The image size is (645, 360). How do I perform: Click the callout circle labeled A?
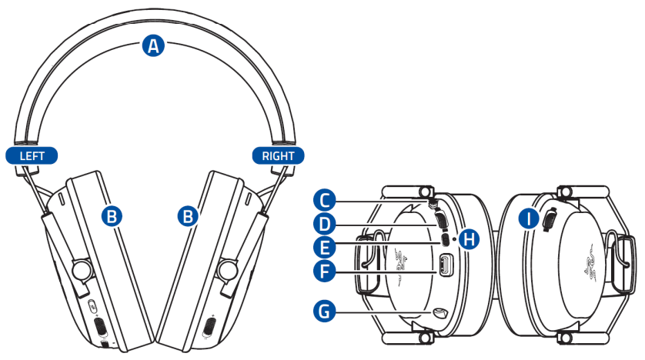(x=154, y=46)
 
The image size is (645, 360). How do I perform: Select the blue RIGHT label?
(x=278, y=155)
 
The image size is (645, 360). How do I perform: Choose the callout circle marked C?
(x=327, y=202)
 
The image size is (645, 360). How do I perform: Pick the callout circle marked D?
(x=327, y=225)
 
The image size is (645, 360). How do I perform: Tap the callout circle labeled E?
(x=327, y=247)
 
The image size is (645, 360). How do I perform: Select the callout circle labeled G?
(x=327, y=311)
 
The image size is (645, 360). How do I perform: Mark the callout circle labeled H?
(x=467, y=239)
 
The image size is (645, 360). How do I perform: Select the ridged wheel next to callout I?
(x=550, y=220)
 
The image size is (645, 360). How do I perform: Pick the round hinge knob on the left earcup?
(x=77, y=269)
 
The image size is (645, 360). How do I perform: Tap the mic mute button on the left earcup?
(x=91, y=305)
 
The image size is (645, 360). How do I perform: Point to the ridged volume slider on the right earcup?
(x=208, y=327)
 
